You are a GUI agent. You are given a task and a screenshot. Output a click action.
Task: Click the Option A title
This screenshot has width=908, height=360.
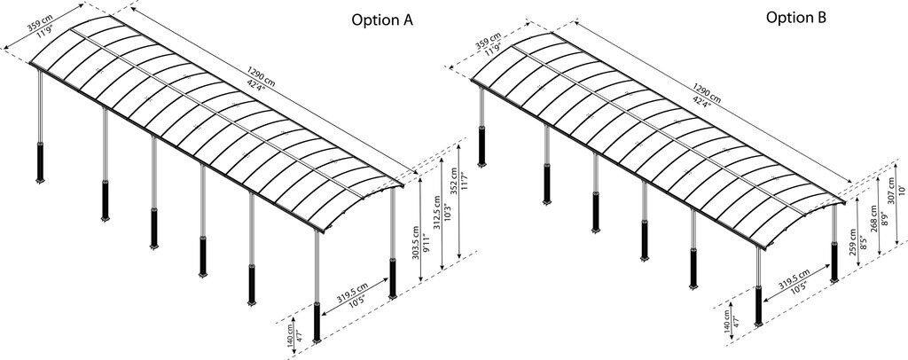(x=382, y=20)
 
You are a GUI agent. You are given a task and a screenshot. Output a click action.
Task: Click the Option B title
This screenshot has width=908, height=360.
(x=796, y=18)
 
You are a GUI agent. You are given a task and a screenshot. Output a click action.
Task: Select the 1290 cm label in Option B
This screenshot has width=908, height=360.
(x=707, y=90)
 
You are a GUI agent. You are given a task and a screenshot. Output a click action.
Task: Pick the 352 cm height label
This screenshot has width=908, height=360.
(x=453, y=181)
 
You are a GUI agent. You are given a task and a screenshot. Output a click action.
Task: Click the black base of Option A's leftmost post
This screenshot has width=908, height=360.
(x=40, y=162)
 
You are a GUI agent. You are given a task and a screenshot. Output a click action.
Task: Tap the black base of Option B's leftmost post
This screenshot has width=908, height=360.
(x=481, y=145)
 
